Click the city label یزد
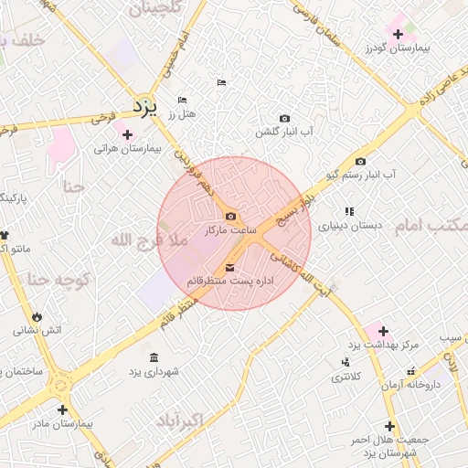coord(145,106)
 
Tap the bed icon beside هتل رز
coord(182,100)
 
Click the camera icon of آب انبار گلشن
coord(284,119)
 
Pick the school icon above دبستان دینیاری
coord(349,211)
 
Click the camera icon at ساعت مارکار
coord(230,217)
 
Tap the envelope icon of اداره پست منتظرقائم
coord(229,267)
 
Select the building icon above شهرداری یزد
coord(153,356)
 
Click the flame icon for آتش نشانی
coord(37,316)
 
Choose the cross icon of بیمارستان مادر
coord(61,409)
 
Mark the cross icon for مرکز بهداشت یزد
coord(383,331)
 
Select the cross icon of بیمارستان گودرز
coord(398,34)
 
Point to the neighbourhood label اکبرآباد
coord(190,420)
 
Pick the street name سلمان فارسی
coord(324,20)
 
